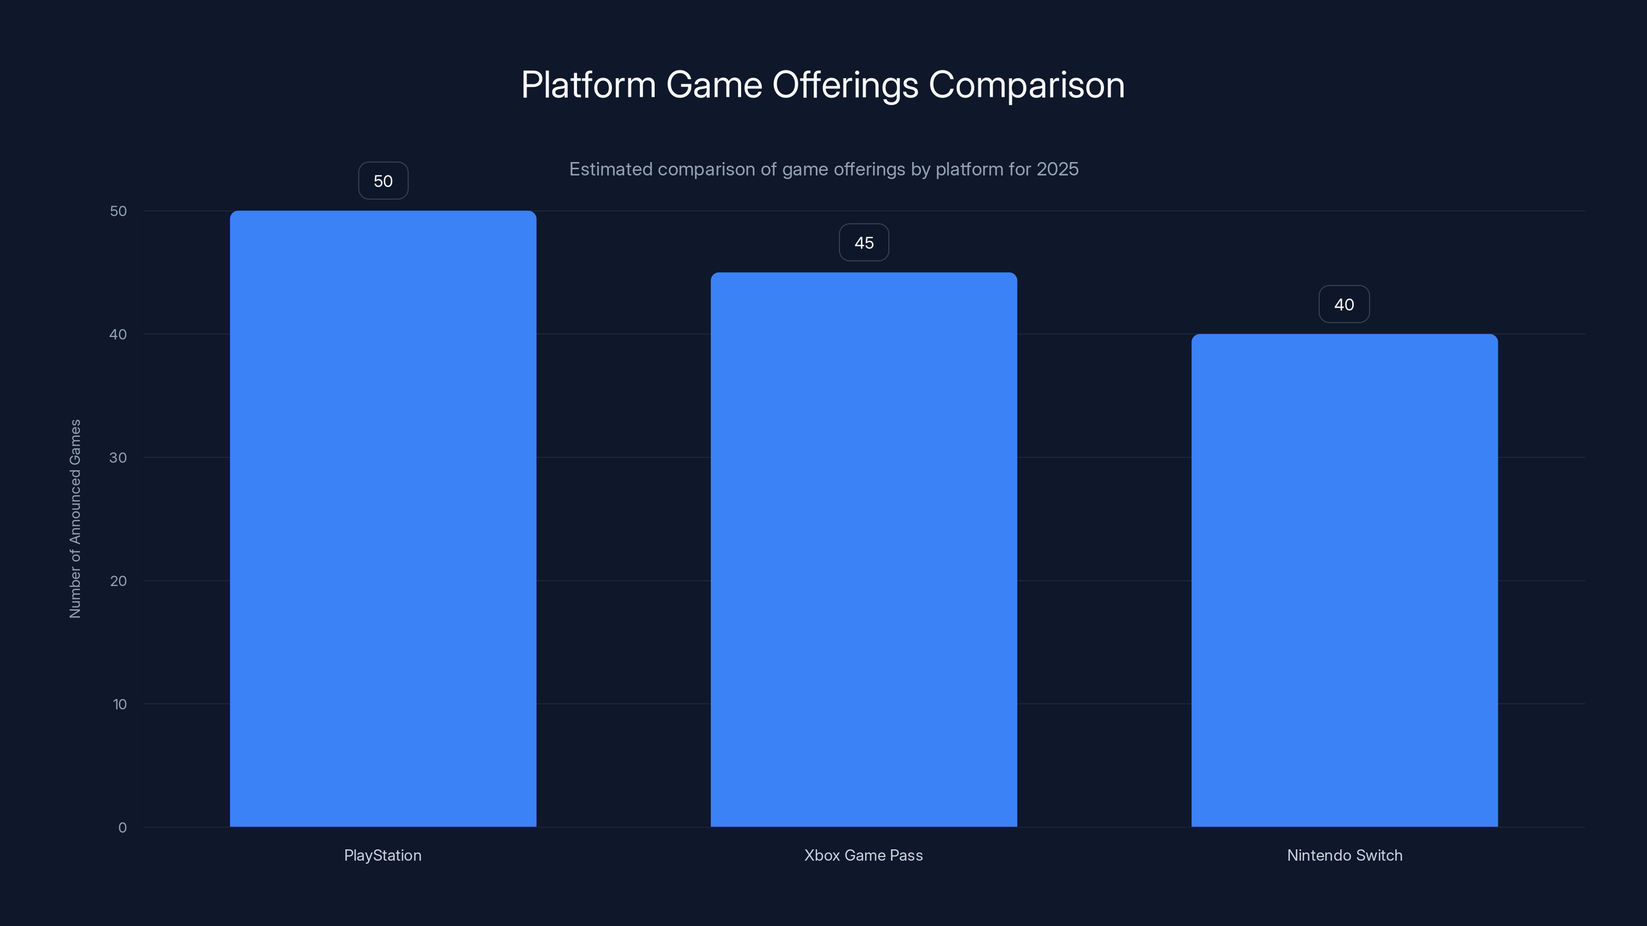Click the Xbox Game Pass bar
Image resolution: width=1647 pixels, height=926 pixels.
(x=864, y=549)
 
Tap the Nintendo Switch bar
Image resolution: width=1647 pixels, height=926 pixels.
(x=1344, y=580)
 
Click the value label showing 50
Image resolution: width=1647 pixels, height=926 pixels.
(x=383, y=181)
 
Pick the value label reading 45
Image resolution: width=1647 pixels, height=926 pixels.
(x=864, y=243)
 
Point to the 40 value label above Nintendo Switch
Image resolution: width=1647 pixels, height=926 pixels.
(x=1344, y=304)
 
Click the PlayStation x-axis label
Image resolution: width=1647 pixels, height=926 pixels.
(x=382, y=855)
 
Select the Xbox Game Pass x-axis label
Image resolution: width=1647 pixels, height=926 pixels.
(x=863, y=855)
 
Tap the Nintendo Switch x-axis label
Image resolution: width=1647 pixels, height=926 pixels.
(x=1344, y=855)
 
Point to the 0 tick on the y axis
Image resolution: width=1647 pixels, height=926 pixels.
(x=122, y=828)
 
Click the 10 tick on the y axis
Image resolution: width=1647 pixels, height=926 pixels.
(x=119, y=704)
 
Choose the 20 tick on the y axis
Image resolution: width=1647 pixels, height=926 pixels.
(x=118, y=581)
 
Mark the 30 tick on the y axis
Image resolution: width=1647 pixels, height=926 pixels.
(x=118, y=457)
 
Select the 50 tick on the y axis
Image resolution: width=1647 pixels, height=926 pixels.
(x=118, y=211)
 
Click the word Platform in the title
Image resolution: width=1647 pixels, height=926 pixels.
(x=588, y=85)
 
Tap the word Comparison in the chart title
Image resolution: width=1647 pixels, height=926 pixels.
(x=1026, y=85)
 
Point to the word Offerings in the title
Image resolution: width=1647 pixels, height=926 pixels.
(x=845, y=85)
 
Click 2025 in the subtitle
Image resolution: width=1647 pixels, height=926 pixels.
(x=1058, y=169)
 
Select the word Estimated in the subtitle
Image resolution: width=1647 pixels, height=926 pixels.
(x=610, y=169)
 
